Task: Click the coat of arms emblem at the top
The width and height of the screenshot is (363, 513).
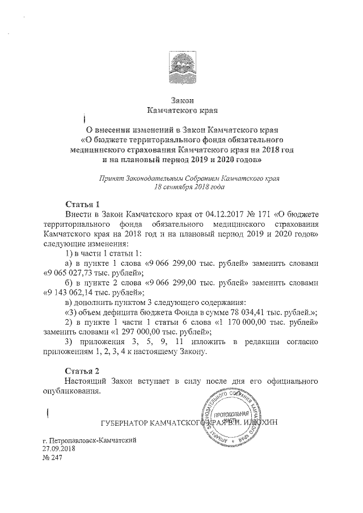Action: [x=181, y=68]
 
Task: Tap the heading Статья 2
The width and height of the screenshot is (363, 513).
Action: [x=83, y=370]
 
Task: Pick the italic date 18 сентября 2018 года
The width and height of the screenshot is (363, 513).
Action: [x=189, y=185]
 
